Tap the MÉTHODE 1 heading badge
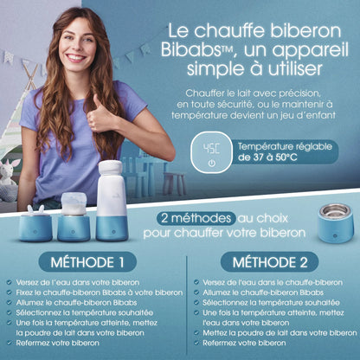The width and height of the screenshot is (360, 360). pyautogui.click(x=87, y=262)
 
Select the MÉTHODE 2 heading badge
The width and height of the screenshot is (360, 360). pyautogui.click(x=269, y=262)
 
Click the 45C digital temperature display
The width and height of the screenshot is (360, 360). pyautogui.click(x=211, y=148)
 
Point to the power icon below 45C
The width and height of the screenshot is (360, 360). pyautogui.click(x=212, y=164)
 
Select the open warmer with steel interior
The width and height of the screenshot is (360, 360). pyautogui.click(x=336, y=222)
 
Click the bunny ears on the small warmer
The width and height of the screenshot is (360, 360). pyautogui.click(x=35, y=209)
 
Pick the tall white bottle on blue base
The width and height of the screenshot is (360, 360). pyautogui.click(x=112, y=201)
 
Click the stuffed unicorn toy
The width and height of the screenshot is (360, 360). pyautogui.click(x=8, y=180)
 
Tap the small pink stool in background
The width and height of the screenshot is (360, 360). pyautogui.click(x=174, y=183)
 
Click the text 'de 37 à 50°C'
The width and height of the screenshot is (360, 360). pyautogui.click(x=267, y=157)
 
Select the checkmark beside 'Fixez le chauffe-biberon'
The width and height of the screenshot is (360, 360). pyautogui.click(x=10, y=292)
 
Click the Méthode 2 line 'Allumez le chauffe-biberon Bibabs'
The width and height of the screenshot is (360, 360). pyautogui.click(x=263, y=292)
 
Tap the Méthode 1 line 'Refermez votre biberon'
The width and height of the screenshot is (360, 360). pyautogui.click(x=57, y=343)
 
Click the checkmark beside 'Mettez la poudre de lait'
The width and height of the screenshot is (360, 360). pyautogui.click(x=196, y=332)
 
